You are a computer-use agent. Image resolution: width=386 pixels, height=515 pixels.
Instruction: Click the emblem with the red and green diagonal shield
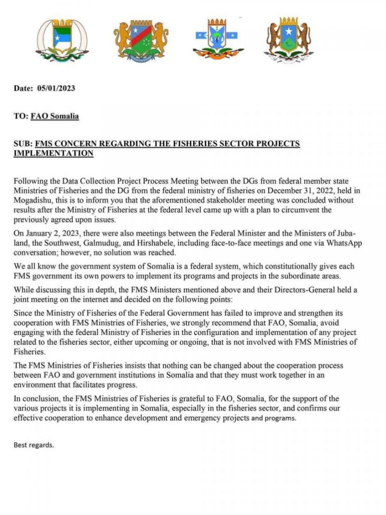click(141, 40)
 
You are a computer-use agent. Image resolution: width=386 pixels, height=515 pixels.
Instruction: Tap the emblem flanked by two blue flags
click(218, 40)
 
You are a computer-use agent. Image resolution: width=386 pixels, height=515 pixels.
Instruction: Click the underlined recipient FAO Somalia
click(54, 116)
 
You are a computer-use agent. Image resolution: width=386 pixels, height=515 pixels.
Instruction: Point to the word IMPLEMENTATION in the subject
click(54, 153)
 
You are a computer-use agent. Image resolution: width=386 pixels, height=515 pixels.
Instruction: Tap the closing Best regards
click(34, 445)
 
